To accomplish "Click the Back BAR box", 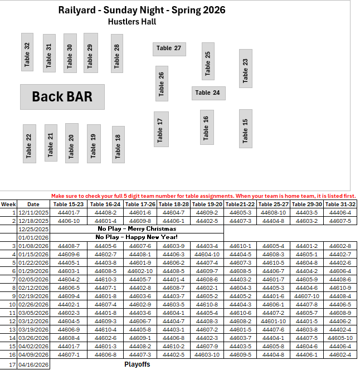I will pyautogui.click(x=62, y=97).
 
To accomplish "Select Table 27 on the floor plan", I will pyautogui.click(x=169, y=48).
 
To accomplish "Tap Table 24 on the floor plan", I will pyautogui.click(x=208, y=93).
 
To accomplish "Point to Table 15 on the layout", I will pyautogui.click(x=245, y=129).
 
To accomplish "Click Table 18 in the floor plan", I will pyautogui.click(x=117, y=145).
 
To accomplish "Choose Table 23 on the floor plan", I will pyautogui.click(x=245, y=69).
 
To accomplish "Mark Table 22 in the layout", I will pyautogui.click(x=29, y=144).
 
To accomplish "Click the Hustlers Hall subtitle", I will pyautogui.click(x=132, y=22).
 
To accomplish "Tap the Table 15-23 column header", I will pyautogui.click(x=69, y=204).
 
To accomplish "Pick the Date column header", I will pyautogui.click(x=33, y=204).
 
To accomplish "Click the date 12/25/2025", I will pyautogui.click(x=33, y=229).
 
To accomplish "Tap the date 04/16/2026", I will pyautogui.click(x=33, y=364).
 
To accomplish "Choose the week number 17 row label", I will pyautogui.click(x=12, y=364).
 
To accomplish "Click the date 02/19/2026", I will pyautogui.click(x=33, y=296).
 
